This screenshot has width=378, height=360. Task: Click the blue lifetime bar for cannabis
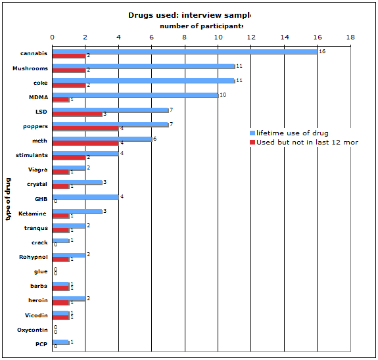coord(184,51)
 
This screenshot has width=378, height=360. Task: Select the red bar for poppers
coord(85,128)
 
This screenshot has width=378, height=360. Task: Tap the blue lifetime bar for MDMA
coord(135,95)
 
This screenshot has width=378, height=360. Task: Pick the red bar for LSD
coord(77,114)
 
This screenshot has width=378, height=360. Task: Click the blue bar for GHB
coord(85,196)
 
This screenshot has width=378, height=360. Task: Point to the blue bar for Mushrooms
coord(143,66)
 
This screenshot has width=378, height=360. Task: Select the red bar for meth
coord(85,143)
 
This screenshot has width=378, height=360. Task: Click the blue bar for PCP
coord(60,342)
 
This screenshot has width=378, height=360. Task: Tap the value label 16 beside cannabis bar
coord(322,51)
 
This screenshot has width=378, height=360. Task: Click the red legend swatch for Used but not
coord(252,142)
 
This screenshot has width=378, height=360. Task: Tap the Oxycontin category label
coord(32,330)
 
